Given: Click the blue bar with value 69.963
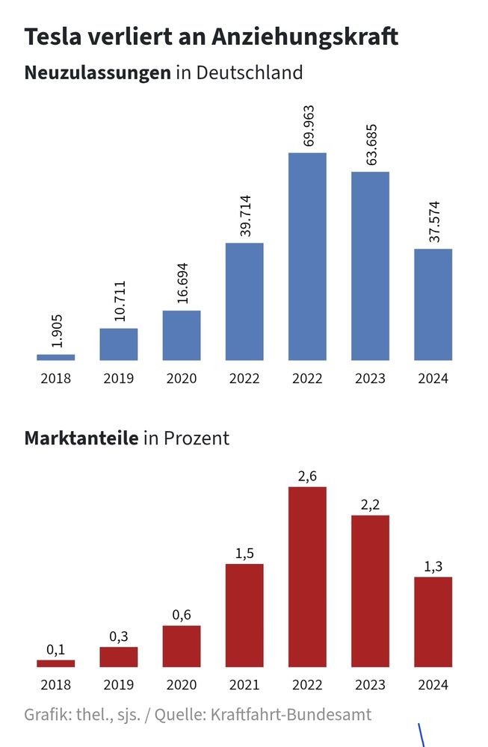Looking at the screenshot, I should [307, 256].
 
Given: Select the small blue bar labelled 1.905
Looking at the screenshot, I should [56, 357].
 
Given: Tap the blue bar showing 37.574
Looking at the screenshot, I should [433, 304].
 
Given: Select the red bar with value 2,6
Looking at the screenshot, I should [307, 577].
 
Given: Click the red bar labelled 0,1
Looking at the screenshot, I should [56, 663].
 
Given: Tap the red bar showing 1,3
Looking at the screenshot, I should [433, 622].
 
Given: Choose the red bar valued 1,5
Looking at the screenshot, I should [244, 615].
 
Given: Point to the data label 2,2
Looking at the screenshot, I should [371, 505].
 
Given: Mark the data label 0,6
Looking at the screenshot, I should [182, 615].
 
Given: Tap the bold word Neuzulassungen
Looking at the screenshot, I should [97, 73].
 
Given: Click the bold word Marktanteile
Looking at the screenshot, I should [81, 438].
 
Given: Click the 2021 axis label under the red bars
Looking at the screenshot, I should [244, 684].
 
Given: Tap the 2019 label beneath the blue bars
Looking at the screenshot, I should [119, 378].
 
